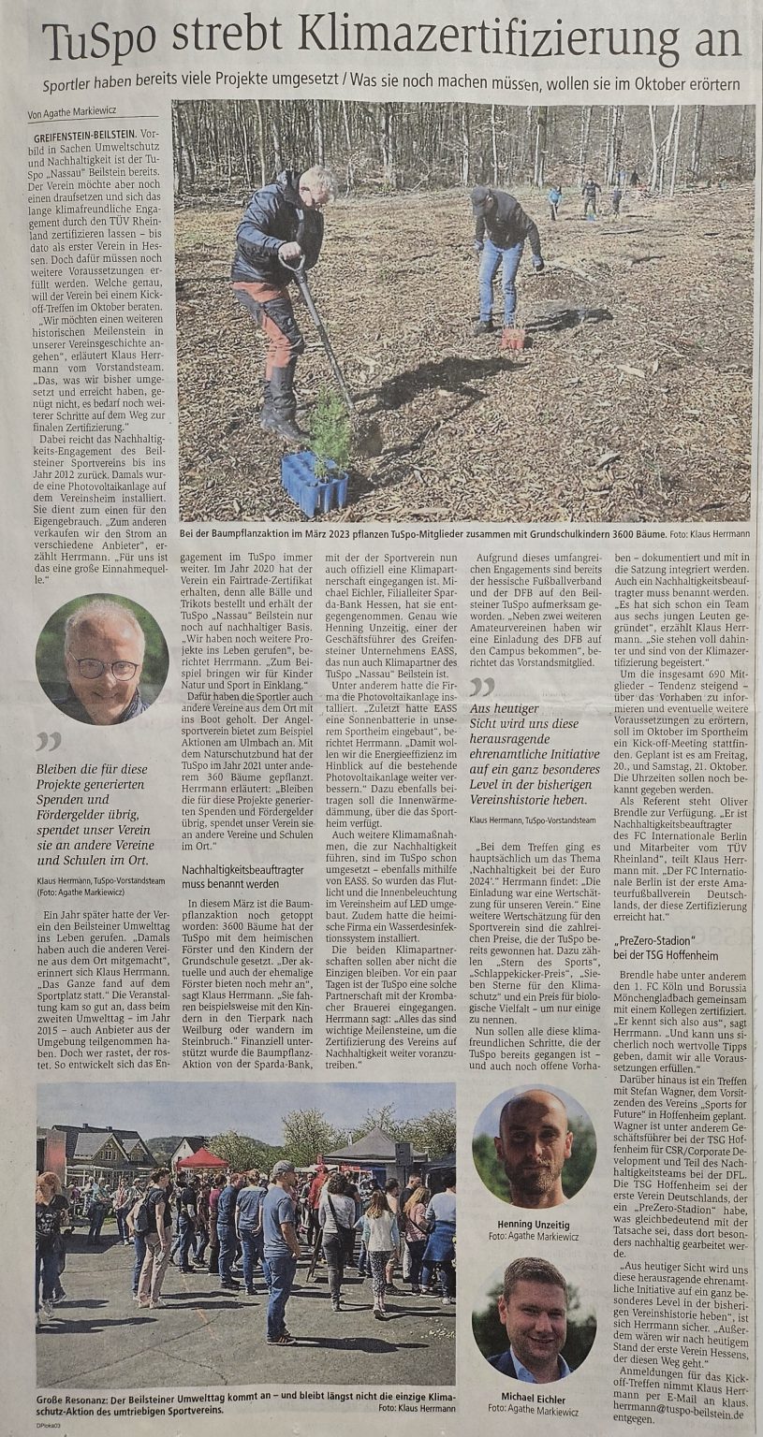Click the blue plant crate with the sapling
pos(315,481)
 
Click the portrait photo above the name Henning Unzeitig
pos(534,1145)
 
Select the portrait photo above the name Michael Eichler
pos(534,1319)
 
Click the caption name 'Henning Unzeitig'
pos(534,1225)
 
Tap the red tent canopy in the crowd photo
pos(201,1159)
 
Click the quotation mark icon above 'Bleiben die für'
pos(48,741)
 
